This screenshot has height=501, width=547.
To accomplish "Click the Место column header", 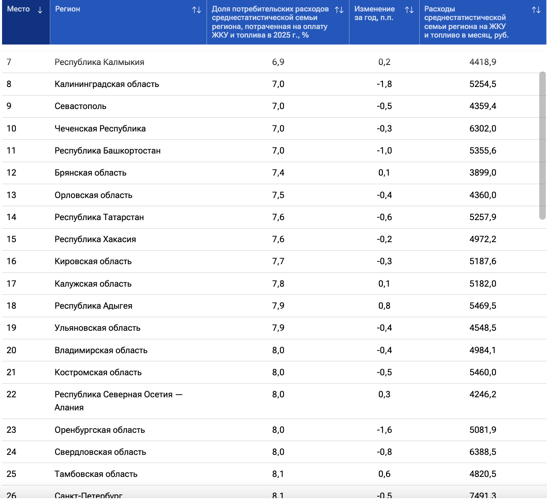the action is (18, 9).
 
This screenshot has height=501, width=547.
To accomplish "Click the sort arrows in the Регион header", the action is (197, 10).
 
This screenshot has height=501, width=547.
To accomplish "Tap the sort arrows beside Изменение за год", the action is (409, 10).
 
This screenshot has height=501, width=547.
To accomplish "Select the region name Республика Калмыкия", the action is (99, 62).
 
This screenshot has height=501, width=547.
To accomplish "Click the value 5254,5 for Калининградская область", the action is (483, 84).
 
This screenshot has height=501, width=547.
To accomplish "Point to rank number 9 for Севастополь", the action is (9, 106).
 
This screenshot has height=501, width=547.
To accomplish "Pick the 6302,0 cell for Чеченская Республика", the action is (483, 128).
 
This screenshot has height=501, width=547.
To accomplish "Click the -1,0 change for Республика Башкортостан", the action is (384, 150).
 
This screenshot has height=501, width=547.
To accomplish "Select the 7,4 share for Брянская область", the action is (278, 172).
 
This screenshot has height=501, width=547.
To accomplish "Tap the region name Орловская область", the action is (93, 195).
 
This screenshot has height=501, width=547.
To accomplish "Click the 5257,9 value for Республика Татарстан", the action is (483, 217).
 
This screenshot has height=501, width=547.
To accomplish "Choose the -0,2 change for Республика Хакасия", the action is (384, 239).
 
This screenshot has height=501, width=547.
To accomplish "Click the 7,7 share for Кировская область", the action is (278, 261).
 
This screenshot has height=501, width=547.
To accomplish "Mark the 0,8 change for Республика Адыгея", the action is (384, 305).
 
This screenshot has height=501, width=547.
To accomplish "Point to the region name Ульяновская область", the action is (97, 328).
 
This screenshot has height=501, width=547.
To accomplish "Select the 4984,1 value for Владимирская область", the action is (483, 350).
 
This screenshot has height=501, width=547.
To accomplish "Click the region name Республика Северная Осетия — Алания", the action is (118, 401).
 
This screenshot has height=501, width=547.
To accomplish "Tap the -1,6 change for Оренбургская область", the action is (384, 430).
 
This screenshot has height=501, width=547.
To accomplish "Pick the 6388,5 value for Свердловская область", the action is (483, 452).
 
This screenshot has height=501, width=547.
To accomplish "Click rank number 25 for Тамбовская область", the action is (11, 474).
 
